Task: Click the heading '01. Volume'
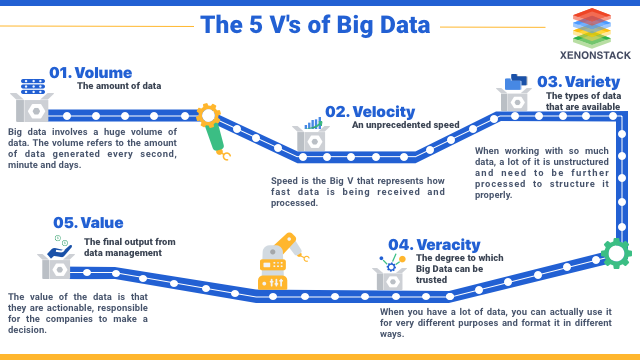point(89,72)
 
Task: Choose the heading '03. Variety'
point(572,81)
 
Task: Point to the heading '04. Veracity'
point(434,244)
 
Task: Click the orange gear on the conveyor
point(208,115)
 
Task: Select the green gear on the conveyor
point(615,253)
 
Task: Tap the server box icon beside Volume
point(31,100)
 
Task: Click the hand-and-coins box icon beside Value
point(57,257)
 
